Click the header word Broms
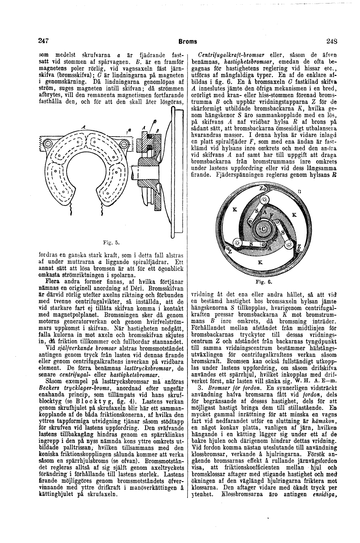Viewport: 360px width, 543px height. pyautogui.click(x=187, y=41)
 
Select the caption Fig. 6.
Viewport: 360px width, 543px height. pyautogui.click(x=261, y=281)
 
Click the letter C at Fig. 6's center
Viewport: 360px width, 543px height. pyautogui.click(x=263, y=229)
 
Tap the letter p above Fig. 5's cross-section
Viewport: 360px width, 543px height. pyautogui.click(x=155, y=121)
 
